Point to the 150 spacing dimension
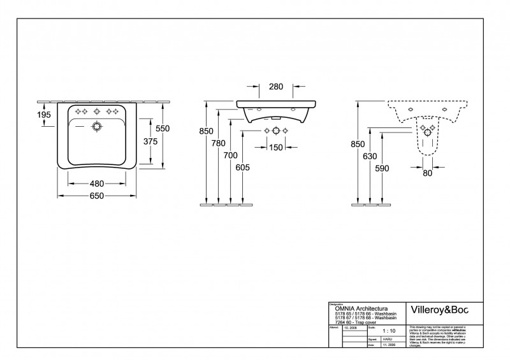point(275,148)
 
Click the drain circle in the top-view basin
point(97,126)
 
